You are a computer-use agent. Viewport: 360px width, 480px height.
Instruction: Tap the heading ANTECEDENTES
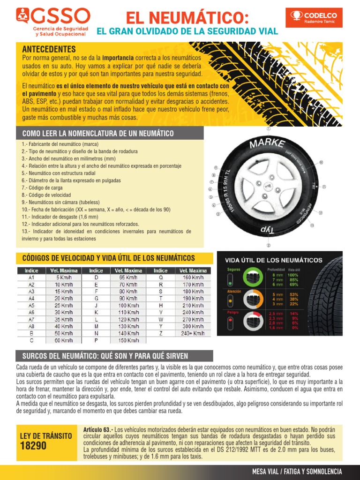(x=49, y=49)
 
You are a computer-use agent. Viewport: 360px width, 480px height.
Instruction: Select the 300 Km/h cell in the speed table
(x=193, y=326)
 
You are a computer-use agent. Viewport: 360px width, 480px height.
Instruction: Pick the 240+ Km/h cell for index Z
(x=193, y=333)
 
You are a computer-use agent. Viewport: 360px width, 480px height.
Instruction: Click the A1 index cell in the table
(x=31, y=277)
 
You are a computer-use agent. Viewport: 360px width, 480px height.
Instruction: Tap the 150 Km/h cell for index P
(x=128, y=340)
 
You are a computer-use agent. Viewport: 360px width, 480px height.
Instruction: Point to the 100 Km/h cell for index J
(x=128, y=305)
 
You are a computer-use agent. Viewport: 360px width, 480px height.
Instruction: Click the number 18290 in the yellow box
(x=33, y=446)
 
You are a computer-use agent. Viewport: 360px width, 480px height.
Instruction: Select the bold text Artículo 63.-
(x=98, y=430)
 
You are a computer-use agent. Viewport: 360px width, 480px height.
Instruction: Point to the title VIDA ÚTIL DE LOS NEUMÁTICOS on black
(x=274, y=260)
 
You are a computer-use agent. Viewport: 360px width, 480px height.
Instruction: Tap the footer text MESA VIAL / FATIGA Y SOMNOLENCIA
(x=297, y=472)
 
